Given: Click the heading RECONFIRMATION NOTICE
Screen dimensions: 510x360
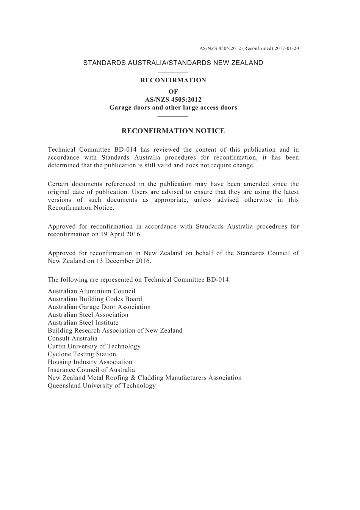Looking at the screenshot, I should click(173, 131).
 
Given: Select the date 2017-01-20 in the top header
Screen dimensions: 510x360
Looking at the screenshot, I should click(287, 49).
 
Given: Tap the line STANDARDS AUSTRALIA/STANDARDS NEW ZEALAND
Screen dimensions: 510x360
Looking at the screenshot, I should click(173, 63).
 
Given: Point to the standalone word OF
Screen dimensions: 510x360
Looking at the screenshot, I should click(173, 91).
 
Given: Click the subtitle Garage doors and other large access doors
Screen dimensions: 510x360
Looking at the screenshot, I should click(173, 107).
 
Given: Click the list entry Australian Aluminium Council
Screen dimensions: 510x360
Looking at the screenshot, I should click(91, 291).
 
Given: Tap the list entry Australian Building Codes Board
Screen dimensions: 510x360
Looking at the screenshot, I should click(95, 299).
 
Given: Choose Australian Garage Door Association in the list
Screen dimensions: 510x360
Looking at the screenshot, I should click(99, 307).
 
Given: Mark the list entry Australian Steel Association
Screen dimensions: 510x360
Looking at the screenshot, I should click(88, 315).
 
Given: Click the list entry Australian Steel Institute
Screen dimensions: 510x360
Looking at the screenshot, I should click(83, 323).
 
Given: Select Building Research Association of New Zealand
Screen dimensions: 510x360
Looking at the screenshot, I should click(115, 331).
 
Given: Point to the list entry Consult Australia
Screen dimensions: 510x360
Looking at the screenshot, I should click(72, 339).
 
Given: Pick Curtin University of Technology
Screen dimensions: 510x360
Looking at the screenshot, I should click(94, 346).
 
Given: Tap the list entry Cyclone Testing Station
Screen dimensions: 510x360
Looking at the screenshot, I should click(82, 354).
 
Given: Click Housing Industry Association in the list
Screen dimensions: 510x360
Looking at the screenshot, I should click(90, 362).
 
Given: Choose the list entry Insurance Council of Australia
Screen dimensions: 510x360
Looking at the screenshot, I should click(91, 370).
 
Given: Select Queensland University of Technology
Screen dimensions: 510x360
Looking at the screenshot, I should click(102, 386).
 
